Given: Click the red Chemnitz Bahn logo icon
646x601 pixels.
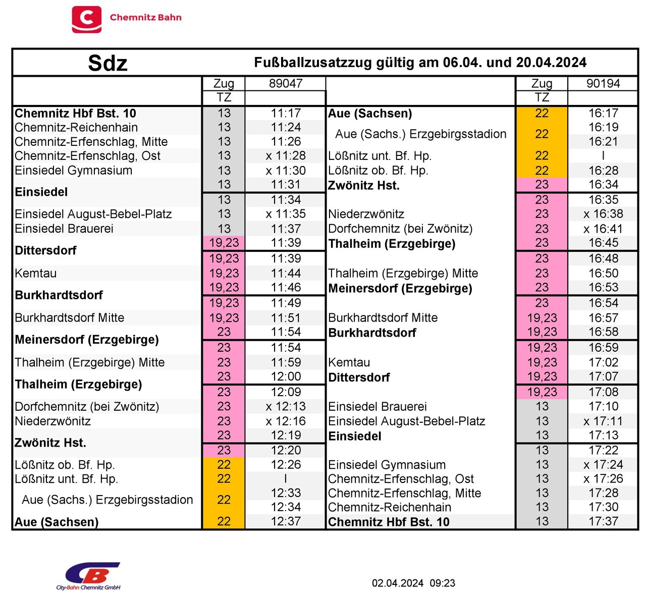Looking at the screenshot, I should [86, 19].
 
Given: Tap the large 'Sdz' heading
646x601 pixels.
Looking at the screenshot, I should [107, 63].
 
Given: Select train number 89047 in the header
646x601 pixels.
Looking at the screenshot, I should [286, 83].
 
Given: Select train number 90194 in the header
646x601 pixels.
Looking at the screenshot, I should [603, 83].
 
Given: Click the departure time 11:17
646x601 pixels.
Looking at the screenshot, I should [286, 113].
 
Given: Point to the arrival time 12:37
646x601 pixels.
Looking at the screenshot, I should [286, 521].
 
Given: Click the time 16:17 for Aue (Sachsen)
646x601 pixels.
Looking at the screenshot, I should [603, 113].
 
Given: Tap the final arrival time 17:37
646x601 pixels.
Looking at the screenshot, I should [603, 521].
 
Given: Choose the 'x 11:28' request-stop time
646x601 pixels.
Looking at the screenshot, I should [286, 156].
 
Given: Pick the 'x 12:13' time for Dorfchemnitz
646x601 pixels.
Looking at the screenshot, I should [286, 406].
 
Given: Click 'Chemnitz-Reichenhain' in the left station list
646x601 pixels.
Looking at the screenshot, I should [76, 128].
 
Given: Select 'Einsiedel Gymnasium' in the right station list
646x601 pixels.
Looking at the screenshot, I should [387, 465].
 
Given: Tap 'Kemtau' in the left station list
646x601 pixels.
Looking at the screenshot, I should [36, 274].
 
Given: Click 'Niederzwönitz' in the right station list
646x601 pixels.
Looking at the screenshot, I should [366, 214].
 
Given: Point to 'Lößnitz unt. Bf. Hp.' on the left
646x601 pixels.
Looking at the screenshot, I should [66, 479].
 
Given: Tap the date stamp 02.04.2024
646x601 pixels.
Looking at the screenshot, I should [398, 583].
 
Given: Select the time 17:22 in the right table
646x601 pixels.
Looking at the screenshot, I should [603, 450].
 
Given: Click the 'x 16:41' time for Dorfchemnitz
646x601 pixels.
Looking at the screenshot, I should [603, 229].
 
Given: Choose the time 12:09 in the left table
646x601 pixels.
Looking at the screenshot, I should [286, 392].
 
